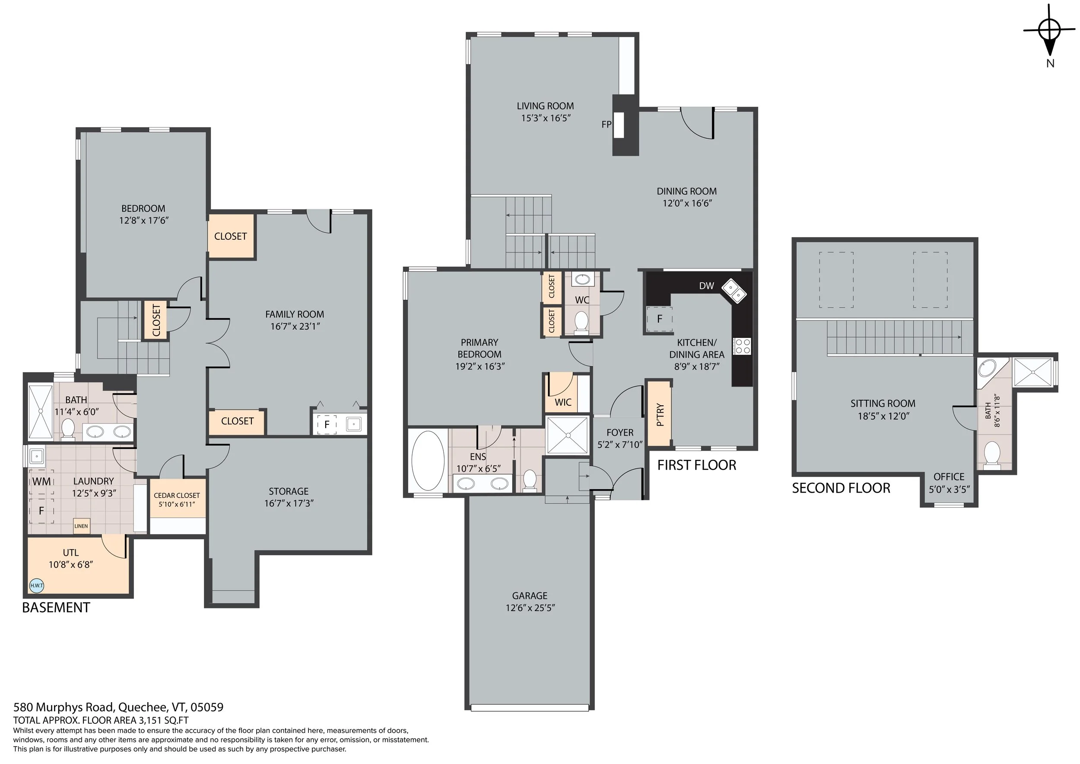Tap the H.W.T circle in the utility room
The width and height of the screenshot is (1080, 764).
(36, 586)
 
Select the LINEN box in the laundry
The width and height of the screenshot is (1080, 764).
(81, 526)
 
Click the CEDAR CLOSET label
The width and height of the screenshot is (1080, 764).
(176, 495)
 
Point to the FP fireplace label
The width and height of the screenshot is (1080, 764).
(607, 124)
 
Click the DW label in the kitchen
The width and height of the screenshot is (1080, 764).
(706, 286)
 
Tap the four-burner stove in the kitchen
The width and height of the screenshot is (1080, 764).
(743, 346)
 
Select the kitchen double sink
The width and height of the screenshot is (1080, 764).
(734, 291)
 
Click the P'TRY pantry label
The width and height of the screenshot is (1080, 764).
(660, 414)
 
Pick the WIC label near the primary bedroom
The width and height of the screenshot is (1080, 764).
(562, 402)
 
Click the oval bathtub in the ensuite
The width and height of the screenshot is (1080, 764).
(428, 461)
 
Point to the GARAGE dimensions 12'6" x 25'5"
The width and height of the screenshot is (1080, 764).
(530, 608)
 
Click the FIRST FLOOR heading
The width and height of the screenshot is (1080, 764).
(697, 465)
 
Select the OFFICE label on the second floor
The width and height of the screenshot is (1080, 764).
(949, 477)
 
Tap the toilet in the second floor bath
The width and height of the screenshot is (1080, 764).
(992, 455)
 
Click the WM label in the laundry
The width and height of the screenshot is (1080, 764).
(41, 481)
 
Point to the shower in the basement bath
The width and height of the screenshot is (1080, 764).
(41, 412)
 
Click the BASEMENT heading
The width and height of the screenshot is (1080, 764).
(56, 608)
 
